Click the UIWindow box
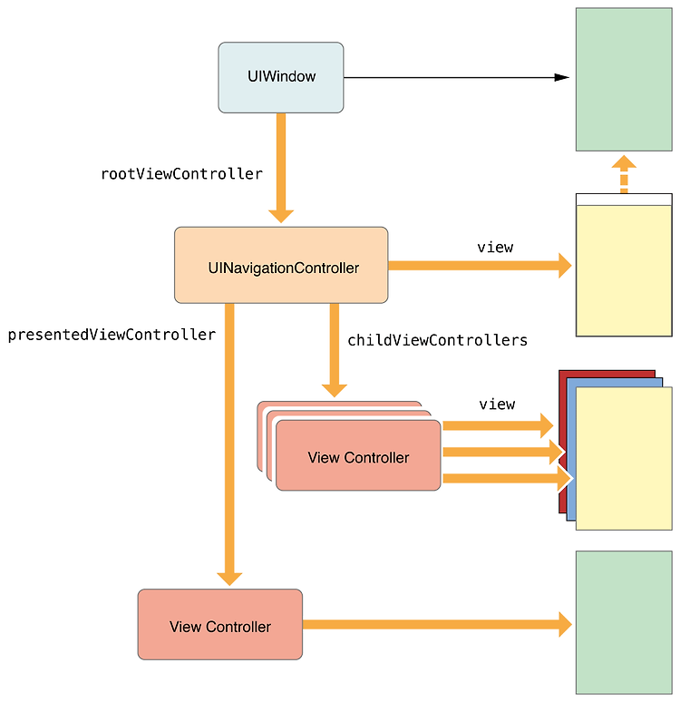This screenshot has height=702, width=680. pos(281,77)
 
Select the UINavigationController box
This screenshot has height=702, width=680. pos(281,265)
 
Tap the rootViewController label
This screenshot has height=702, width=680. pos(181,174)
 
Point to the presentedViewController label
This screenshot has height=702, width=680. pos(112,335)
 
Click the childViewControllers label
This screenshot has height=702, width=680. pos(437,340)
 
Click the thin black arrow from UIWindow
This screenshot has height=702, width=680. pos(457,77)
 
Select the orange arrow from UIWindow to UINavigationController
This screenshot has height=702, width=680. pos(281,168)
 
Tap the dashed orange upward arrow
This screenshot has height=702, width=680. pos(624,174)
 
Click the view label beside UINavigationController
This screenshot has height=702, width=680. pos(495,248)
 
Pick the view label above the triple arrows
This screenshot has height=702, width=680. pos(497,405)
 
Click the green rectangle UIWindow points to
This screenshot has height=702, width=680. pos(624,79)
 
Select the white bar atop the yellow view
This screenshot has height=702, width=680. pos(624,200)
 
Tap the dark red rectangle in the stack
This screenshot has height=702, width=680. pos(562,441)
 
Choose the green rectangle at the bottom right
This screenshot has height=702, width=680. pos(624,622)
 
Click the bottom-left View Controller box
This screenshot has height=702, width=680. pos(219,624)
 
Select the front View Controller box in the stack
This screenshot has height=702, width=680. pos(358,455)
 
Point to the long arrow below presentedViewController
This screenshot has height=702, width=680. pos(229,444)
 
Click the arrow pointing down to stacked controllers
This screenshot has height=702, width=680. pos(334,350)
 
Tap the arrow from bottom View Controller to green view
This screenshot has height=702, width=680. pos(437,624)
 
